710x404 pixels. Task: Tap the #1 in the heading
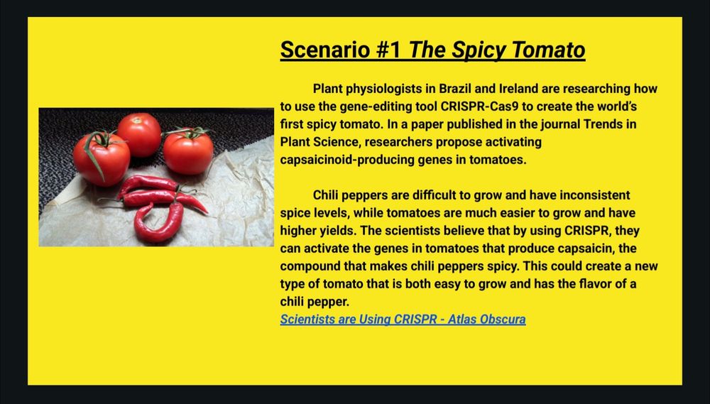[x=388, y=50]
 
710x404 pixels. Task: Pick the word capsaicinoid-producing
[x=339, y=160]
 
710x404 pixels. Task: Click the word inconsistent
[x=595, y=195]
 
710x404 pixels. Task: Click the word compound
[x=307, y=267]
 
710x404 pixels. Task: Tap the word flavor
[x=601, y=285]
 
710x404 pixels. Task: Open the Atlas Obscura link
[x=403, y=320]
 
